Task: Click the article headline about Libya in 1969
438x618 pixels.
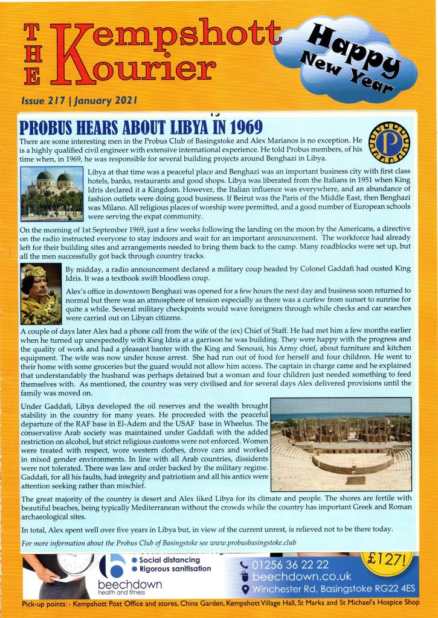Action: (142, 127)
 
